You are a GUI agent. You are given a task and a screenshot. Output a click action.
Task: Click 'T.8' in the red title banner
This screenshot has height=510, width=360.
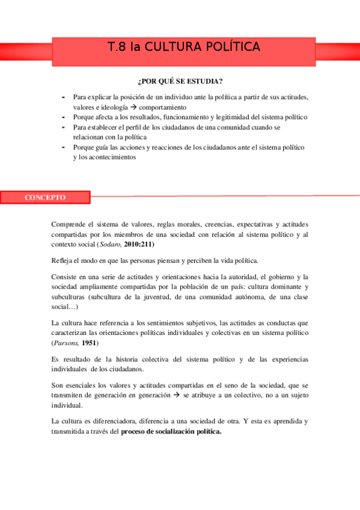pyautogui.click(x=117, y=47)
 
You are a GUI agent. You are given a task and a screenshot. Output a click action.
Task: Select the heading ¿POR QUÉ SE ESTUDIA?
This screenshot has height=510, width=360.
pyautogui.click(x=180, y=81)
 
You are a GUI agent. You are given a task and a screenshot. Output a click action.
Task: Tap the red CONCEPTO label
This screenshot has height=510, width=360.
pyautogui.click(x=45, y=197)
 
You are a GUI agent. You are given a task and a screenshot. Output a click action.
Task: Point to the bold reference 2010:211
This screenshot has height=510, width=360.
pyautogui.click(x=142, y=245)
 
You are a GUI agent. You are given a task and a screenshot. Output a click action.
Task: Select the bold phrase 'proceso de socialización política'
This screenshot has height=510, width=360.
pyautogui.click(x=171, y=431)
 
